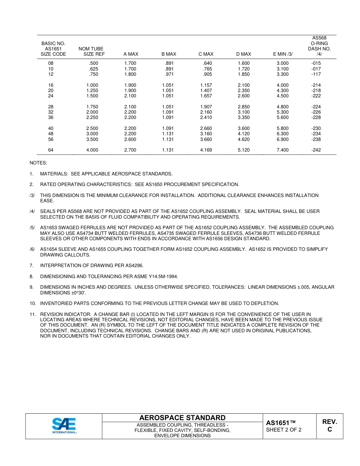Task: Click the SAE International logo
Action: point(64,426)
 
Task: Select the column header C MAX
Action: point(206,54)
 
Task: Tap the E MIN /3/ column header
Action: point(283,54)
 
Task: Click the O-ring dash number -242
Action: point(316,150)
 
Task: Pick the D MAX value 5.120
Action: point(244,150)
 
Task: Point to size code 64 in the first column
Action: point(51,150)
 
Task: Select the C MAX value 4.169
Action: point(206,150)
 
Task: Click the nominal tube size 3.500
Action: point(92,139)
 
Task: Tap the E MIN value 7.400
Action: point(282,150)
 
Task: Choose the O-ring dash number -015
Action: point(316,63)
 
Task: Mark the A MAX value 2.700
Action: point(130,150)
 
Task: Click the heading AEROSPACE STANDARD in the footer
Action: point(182,418)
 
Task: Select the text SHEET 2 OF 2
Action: point(284,430)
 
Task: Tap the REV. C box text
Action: point(330,425)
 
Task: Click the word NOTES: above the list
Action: point(38,163)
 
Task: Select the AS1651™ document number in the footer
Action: point(280,422)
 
